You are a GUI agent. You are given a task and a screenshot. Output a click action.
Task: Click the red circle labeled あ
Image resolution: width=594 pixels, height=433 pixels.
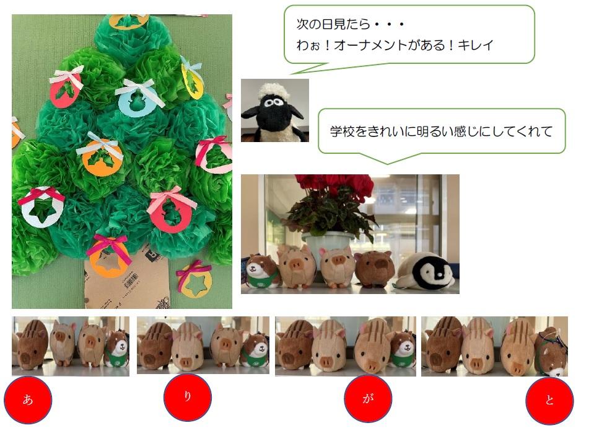pyautogui.click(x=28, y=400)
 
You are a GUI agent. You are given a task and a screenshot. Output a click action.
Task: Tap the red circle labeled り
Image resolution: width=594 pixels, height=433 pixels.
pyautogui.click(x=188, y=397)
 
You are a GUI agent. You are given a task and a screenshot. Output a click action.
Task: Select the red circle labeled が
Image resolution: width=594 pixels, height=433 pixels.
pyautogui.click(x=368, y=398)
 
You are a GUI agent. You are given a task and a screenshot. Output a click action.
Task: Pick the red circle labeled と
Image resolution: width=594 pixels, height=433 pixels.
pyautogui.click(x=549, y=401)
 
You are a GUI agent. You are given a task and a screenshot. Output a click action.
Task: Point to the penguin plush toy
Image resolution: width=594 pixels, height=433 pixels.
pyautogui.click(x=424, y=271)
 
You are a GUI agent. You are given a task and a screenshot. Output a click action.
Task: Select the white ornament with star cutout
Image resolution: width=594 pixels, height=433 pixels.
pyautogui.click(x=41, y=208)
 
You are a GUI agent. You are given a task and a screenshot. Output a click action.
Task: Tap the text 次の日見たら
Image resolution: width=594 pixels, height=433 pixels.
pyautogui.click(x=333, y=24)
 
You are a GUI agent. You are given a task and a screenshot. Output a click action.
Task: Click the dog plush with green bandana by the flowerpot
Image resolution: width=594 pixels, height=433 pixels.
pyautogui.click(x=263, y=271)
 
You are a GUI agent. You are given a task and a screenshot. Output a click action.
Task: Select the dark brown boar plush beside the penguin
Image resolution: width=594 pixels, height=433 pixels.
pyautogui.click(x=375, y=269)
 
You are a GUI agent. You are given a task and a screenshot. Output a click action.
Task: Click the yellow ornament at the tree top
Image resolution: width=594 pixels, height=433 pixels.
pyautogui.click(x=129, y=21)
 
